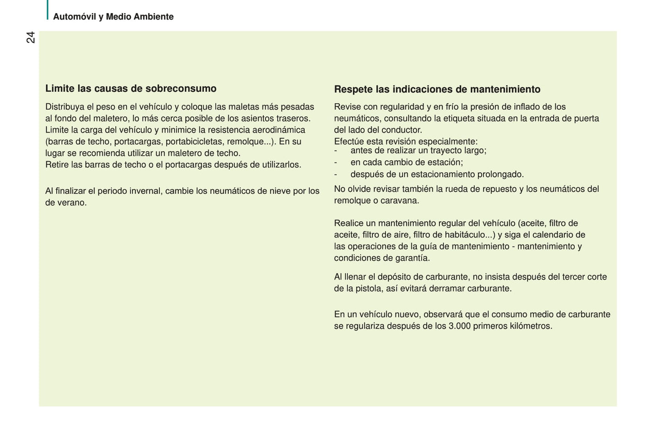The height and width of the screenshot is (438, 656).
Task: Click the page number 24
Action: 30,37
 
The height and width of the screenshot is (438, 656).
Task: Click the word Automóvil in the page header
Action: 74,17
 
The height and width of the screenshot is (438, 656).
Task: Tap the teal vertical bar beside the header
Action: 47,10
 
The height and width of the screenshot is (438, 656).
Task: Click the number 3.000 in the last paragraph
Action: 459,326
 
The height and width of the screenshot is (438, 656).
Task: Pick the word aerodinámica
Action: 279,130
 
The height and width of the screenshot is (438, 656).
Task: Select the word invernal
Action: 145,191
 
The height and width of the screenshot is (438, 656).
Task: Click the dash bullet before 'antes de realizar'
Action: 335,151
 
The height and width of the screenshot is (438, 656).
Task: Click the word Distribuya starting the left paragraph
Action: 65,107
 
